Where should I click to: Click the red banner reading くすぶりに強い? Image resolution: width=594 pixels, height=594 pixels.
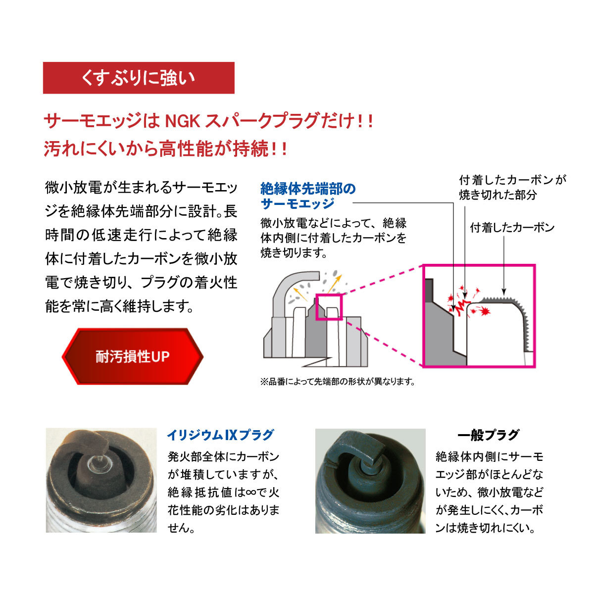(139, 78)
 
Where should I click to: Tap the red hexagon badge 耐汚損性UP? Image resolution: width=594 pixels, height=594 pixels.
(133, 356)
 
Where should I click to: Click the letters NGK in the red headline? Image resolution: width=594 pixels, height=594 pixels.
(183, 121)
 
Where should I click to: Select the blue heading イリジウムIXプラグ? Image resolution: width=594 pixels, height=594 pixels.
(220, 435)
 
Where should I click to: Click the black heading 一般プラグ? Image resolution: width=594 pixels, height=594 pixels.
(489, 435)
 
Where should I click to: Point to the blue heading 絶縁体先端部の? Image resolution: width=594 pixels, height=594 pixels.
(308, 189)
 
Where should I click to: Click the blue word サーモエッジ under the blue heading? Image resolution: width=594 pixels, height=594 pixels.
(297, 203)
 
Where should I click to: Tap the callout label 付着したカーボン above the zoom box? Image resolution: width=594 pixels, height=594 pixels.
(512, 228)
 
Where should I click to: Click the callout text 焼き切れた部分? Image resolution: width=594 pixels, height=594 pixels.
(498, 195)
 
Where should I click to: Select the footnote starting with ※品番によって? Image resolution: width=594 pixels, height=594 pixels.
(338, 382)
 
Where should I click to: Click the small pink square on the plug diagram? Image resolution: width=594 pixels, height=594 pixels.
(329, 307)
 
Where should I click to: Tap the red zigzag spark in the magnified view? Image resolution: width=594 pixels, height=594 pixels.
(463, 306)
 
